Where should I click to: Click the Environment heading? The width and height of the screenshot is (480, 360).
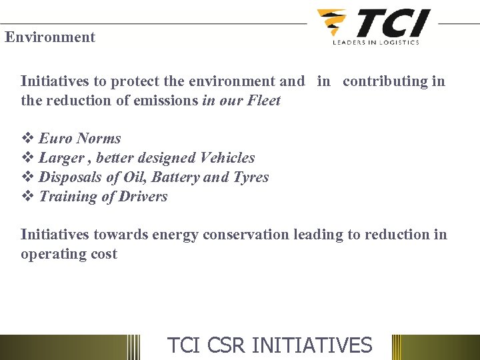pos(50,37)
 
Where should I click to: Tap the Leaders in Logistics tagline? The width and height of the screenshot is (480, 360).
pos(376,42)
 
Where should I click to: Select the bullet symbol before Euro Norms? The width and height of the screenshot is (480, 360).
pos(27,139)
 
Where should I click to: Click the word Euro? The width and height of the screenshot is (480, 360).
pos(55,139)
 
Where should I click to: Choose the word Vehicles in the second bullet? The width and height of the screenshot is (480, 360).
pos(227,158)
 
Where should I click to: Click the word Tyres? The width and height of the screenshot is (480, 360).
pos(251,177)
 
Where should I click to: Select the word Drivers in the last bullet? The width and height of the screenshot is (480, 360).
pos(143,197)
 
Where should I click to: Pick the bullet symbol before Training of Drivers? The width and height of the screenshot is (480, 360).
pos(27,197)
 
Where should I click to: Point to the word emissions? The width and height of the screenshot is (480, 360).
pos(167,101)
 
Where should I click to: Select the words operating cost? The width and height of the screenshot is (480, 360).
pos(69,254)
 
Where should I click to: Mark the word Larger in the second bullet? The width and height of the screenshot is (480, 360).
pos(61,158)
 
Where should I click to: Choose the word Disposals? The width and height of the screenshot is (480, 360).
pos(70,177)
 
